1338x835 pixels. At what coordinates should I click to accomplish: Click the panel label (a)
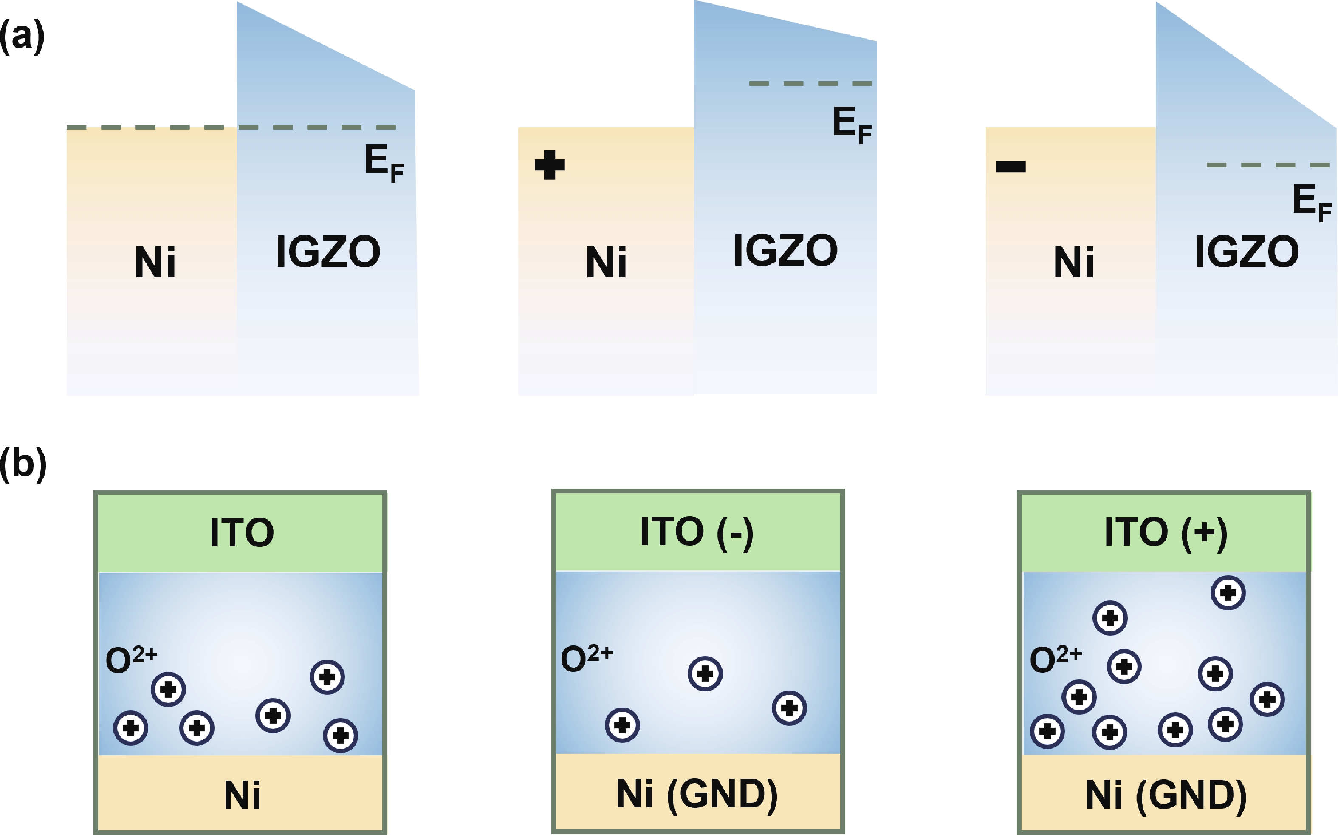click(22, 37)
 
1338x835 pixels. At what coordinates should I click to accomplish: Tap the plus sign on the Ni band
click(550, 165)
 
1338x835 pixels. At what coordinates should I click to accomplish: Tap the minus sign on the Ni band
click(1011, 166)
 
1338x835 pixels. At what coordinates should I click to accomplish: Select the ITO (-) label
click(697, 532)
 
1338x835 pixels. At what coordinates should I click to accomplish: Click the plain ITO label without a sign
click(242, 533)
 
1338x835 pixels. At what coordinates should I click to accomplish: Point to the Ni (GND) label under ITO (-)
click(697, 795)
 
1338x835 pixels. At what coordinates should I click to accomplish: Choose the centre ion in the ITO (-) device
click(705, 674)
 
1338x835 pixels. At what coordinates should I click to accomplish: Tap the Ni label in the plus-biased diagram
click(606, 262)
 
